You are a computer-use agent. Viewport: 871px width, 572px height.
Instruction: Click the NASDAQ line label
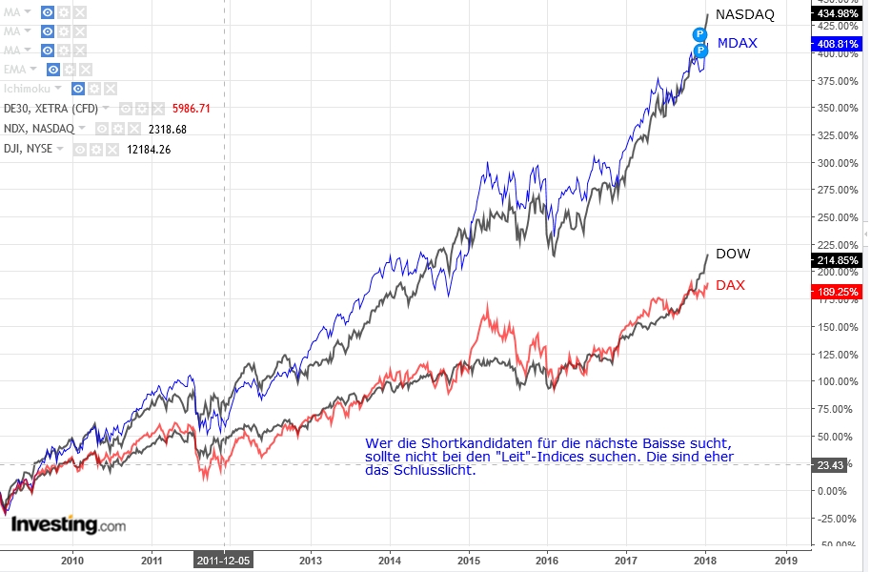click(x=745, y=14)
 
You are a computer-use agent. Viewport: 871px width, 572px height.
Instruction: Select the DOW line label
click(x=733, y=254)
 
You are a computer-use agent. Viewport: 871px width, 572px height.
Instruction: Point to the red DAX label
click(x=730, y=285)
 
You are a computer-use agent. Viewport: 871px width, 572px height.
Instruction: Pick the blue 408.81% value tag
click(x=839, y=44)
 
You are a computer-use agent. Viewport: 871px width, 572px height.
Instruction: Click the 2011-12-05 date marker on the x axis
click(x=224, y=562)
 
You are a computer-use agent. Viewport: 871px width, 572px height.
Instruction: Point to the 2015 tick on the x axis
click(x=468, y=562)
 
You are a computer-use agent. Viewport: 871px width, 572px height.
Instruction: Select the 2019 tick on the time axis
click(x=786, y=562)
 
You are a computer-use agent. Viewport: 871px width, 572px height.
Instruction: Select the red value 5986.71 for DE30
click(x=192, y=109)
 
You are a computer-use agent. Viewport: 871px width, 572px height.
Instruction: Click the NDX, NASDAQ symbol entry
click(x=39, y=129)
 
